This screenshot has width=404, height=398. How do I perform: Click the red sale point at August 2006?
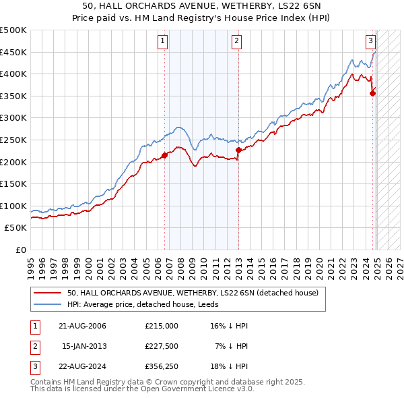[x=164, y=155]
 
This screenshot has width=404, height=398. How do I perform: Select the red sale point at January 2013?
[x=238, y=150]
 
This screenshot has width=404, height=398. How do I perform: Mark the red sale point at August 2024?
[x=373, y=94]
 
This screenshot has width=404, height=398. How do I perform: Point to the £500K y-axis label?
[x=13, y=30]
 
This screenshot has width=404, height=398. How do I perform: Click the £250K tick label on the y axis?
[x=13, y=140]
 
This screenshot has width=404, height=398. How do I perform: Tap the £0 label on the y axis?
[x=22, y=250]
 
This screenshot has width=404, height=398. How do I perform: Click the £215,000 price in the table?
[x=161, y=326]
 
